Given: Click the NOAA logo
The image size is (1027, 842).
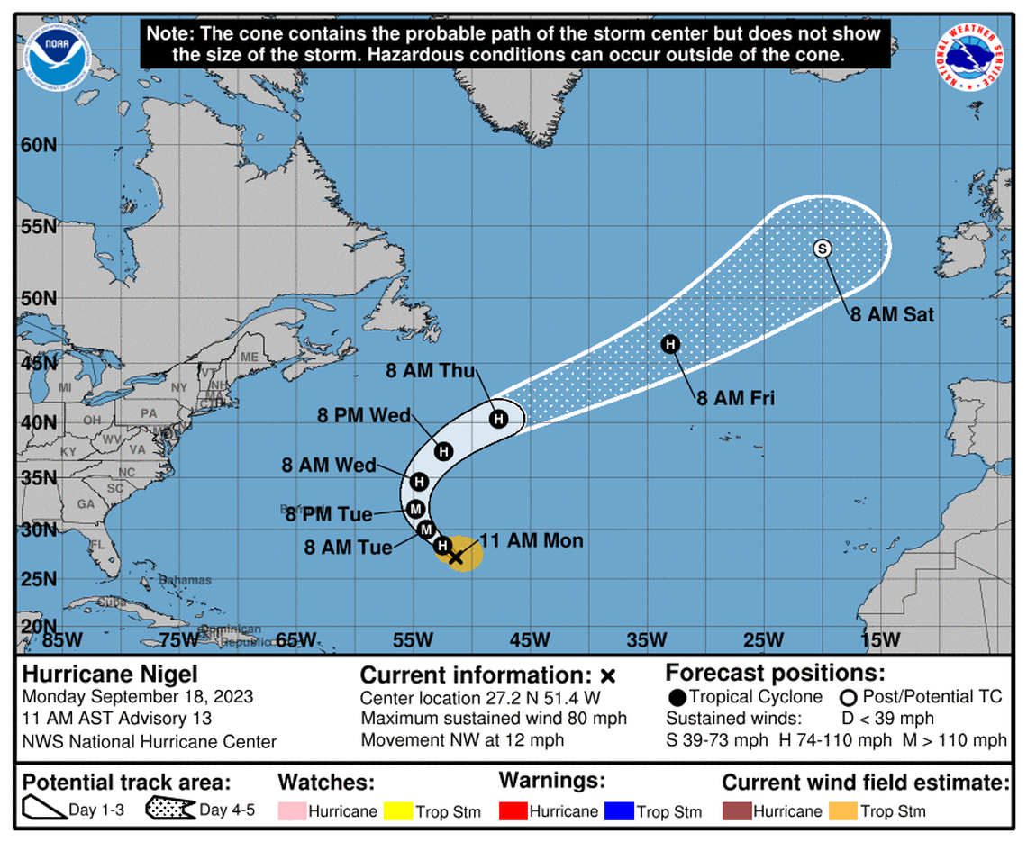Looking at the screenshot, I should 52,52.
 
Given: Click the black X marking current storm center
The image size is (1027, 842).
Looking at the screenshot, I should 455,557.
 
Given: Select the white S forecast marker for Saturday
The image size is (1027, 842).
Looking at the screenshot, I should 822,249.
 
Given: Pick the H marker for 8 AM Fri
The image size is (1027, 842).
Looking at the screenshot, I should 670,343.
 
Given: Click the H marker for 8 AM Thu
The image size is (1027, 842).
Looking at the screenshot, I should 497,419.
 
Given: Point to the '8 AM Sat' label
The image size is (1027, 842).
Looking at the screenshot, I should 891,314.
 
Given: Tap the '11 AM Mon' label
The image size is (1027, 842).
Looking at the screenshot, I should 532,541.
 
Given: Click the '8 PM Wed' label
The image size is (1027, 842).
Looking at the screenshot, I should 364,416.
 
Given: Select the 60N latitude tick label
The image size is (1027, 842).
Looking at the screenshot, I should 38,145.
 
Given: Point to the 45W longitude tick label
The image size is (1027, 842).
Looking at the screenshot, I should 530,640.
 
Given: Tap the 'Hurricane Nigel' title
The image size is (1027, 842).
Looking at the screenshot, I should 110,675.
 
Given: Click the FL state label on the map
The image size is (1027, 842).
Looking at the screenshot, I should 96,545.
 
